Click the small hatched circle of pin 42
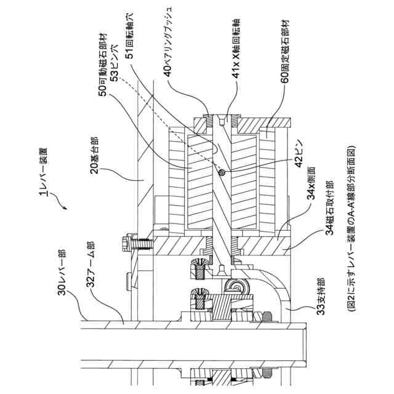(x=222, y=173)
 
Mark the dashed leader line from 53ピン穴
(x=166, y=117)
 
